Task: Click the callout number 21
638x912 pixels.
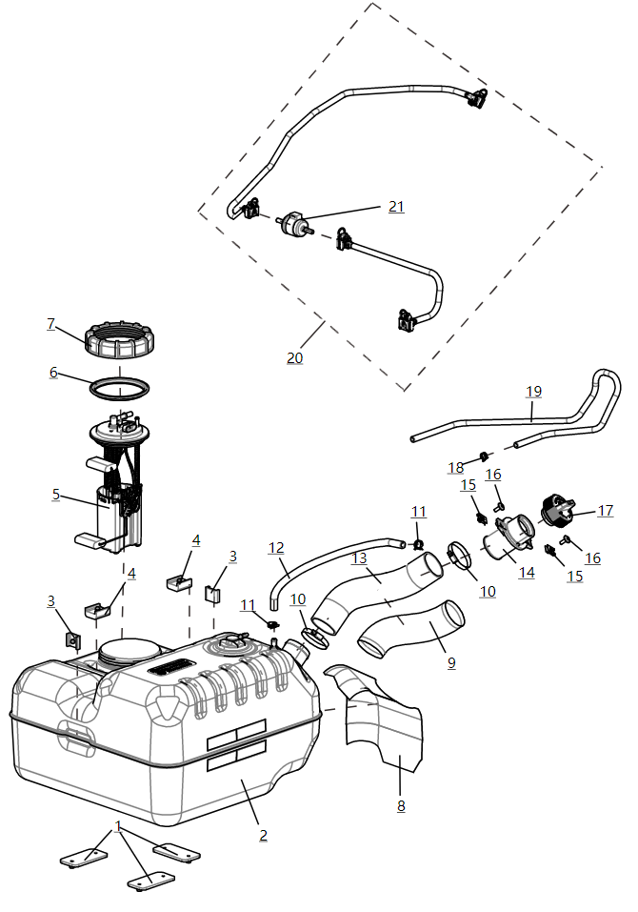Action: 395,207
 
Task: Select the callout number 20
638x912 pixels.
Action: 295,357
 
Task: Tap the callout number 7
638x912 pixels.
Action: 50,324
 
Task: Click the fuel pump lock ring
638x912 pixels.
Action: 120,340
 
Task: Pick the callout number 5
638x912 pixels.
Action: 56,495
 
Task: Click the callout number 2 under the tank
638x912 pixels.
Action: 263,835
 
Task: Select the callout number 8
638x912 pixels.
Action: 401,805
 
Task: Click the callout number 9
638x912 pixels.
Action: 450,661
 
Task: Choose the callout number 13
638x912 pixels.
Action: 359,558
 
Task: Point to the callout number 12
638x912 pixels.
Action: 276,548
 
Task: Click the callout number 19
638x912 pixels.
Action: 533,391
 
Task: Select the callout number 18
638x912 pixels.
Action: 456,467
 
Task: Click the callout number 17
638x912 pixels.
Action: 606,511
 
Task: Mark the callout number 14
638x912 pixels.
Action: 526,572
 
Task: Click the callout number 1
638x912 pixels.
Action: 118,825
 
